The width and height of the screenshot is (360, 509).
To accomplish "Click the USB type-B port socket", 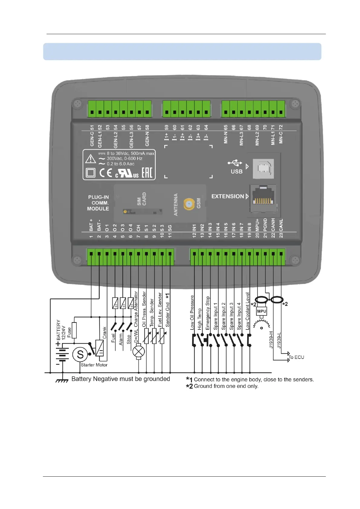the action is coord(263,168).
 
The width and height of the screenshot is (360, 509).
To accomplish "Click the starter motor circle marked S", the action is coord(80,354).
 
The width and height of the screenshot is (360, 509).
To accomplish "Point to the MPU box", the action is coord(261,311).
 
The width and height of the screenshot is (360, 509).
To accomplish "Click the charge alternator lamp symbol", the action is coord(139,352).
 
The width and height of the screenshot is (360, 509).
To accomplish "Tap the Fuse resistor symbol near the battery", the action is coord(74,330).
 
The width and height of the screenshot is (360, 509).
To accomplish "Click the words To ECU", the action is coord(296,357).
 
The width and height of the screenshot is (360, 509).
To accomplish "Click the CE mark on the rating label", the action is coord(106,173).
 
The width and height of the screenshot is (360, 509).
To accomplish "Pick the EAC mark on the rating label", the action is coord(147,173).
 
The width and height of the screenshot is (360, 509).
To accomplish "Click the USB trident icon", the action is coord(235,163).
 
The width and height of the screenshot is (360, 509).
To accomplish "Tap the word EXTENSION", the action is coord(228,196).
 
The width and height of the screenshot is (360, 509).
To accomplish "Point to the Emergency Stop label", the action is coord(208,313).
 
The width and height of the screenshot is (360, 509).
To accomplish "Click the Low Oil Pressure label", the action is coord(192,312).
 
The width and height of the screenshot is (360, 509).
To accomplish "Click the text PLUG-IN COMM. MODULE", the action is coord(98,203).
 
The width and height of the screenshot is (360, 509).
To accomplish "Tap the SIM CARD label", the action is coord(141,199).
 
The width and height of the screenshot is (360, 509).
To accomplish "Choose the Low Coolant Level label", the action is coord(248,311).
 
